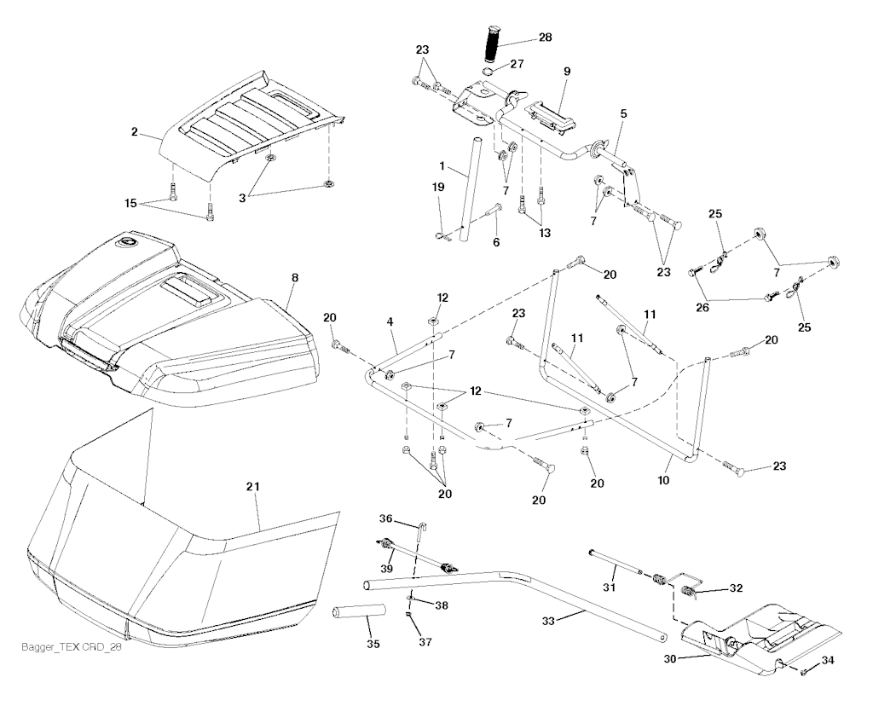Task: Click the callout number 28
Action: click(546, 39)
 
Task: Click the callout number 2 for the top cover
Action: click(135, 132)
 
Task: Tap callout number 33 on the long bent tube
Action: click(549, 622)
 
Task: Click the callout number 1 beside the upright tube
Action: click(442, 164)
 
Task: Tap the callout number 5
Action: click(623, 113)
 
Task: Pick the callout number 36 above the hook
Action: click(386, 518)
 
